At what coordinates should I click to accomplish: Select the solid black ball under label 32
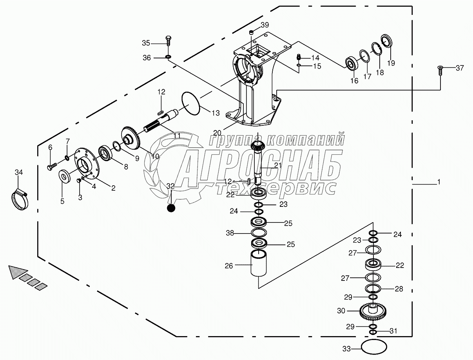tap(171, 208)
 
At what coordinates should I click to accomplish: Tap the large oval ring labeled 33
tap(374, 347)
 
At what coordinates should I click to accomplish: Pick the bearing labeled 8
tap(106, 152)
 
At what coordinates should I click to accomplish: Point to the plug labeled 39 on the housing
tap(252, 32)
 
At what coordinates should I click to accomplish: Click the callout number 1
tap(439, 182)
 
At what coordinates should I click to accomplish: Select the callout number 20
tap(218, 132)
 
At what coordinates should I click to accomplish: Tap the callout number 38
tap(230, 233)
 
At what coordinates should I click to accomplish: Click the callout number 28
tap(399, 289)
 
